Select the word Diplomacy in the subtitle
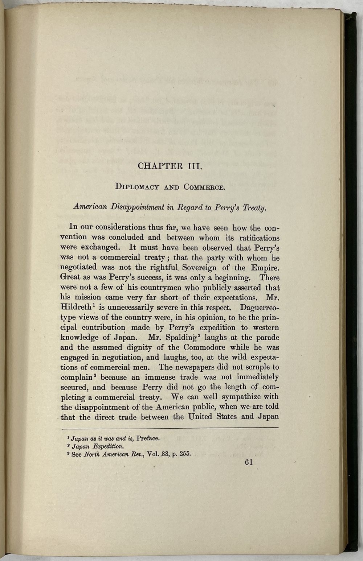[x=137, y=187]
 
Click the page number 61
[x=249, y=462]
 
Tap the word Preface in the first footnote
[x=148, y=438]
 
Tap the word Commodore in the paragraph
[x=196, y=347]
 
